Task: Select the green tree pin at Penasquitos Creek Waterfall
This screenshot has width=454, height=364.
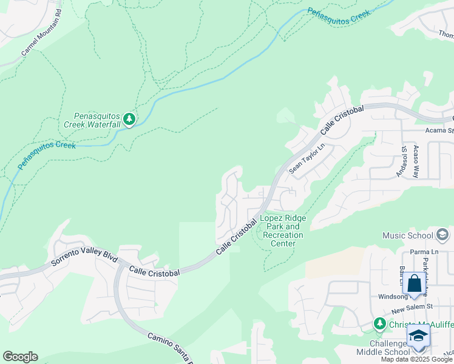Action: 129,119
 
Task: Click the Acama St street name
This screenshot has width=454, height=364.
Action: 441,130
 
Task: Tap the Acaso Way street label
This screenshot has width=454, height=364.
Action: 416,161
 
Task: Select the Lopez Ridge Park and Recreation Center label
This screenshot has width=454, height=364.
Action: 283,231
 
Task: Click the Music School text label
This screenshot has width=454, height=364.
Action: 407,235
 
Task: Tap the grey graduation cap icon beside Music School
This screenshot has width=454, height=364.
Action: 442,234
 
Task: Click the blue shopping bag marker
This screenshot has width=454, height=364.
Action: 414,284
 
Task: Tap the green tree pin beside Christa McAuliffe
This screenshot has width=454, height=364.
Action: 379,323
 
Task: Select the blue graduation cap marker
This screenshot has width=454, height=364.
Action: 418,335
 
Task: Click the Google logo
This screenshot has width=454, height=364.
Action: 20,357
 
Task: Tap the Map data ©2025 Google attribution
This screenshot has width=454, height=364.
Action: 416,359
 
